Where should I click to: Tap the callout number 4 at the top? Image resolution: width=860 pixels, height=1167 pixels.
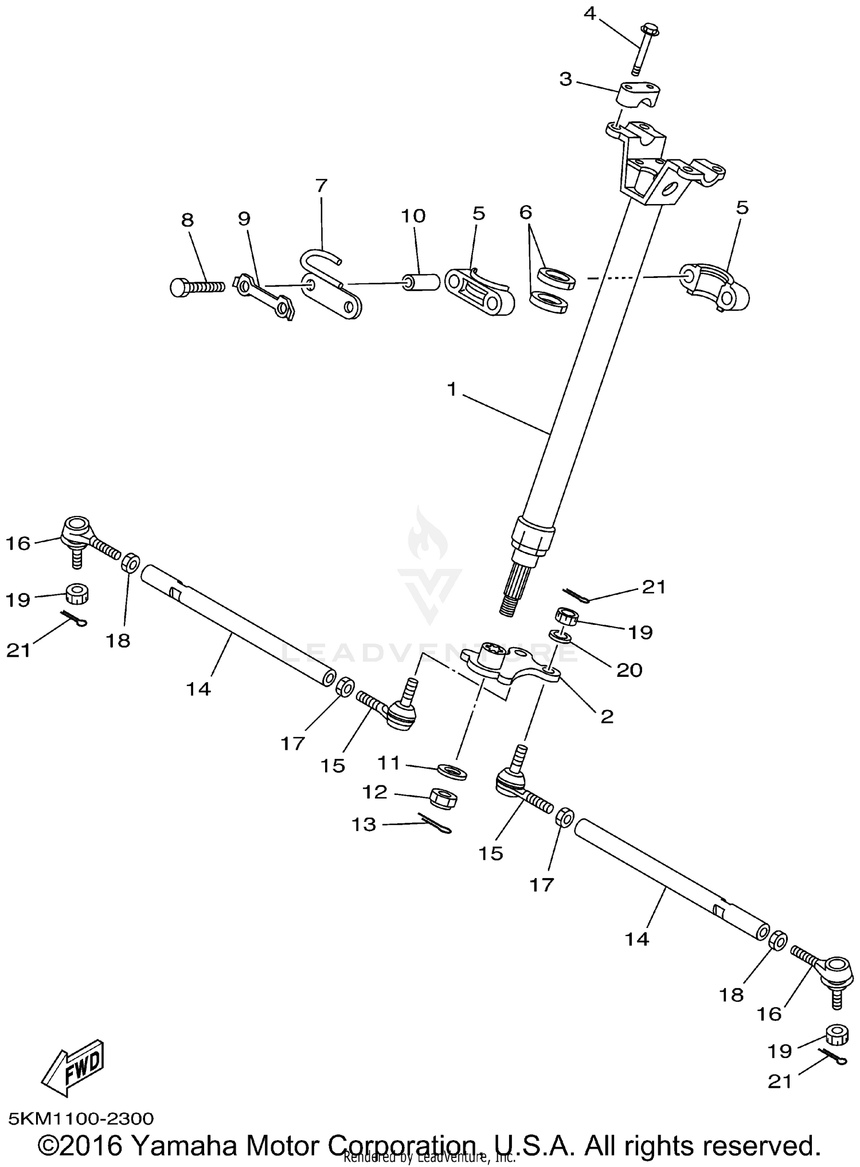click(590, 13)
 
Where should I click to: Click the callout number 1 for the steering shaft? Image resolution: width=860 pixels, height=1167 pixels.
click(452, 389)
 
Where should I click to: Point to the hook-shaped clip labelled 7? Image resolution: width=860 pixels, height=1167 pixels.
click(321, 263)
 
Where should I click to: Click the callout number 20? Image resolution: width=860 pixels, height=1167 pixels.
click(629, 669)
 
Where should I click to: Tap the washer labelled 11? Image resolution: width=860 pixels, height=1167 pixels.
click(452, 771)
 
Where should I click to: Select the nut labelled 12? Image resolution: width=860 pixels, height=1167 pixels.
click(443, 797)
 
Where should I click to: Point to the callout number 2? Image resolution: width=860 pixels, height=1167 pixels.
click(607, 716)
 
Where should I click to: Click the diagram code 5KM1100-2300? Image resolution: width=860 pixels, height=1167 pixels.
click(81, 1118)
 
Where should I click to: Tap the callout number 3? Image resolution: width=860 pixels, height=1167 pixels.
click(565, 79)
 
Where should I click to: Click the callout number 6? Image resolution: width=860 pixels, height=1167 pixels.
click(525, 212)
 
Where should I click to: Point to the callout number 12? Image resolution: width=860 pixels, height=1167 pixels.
click(375, 792)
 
